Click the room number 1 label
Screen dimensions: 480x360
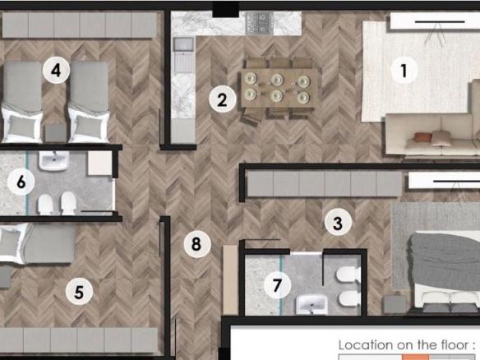tap(404, 70)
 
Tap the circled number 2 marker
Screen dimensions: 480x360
tap(223, 99)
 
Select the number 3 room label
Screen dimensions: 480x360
tap(338, 223)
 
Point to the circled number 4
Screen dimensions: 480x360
tap(56, 70)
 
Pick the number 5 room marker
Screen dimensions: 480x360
tap(79, 291)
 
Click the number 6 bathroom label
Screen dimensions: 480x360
tap(21, 182)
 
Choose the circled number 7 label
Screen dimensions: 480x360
tap(277, 285)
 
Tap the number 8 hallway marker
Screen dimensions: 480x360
tap(197, 243)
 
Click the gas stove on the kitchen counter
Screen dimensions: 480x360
tap(259, 23)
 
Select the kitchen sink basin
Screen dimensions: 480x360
tap(183, 44)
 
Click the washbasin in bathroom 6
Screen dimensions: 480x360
tap(53, 160)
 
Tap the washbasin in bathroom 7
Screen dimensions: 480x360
tap(312, 304)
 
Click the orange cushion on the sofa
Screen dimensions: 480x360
tap(422, 137)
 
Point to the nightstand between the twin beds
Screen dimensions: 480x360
tap(56, 133)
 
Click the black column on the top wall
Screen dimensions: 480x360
tap(225, 9)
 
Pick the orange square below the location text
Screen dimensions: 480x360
tap(415, 358)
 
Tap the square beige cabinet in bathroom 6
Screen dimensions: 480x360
tap(99, 163)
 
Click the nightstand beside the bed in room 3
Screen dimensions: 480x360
tap(395, 304)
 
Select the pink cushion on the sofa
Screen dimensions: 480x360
tap(441, 138)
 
